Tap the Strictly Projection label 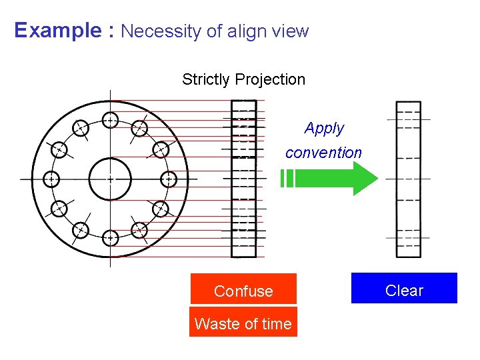243,79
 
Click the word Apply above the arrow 324,128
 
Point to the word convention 323,153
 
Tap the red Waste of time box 243,323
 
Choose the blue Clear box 404,290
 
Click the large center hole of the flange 110,179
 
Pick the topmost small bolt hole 111,120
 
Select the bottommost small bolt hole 111,237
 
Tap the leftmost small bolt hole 51,179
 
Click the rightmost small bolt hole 169,179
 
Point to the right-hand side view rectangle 408,179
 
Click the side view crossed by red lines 243,179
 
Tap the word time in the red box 276,324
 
